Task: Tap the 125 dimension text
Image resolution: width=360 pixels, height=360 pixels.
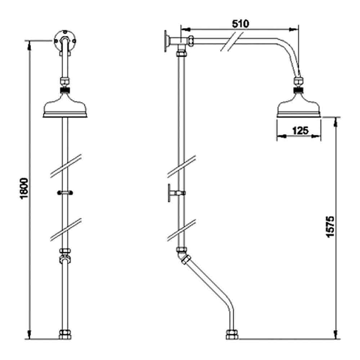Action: [300, 130]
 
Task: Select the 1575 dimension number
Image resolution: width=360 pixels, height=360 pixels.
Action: [330, 227]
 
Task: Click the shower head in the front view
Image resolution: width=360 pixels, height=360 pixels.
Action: [65, 107]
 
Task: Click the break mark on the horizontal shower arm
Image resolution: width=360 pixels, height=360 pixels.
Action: [230, 42]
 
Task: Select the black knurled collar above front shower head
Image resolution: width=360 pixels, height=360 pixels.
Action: [65, 89]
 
